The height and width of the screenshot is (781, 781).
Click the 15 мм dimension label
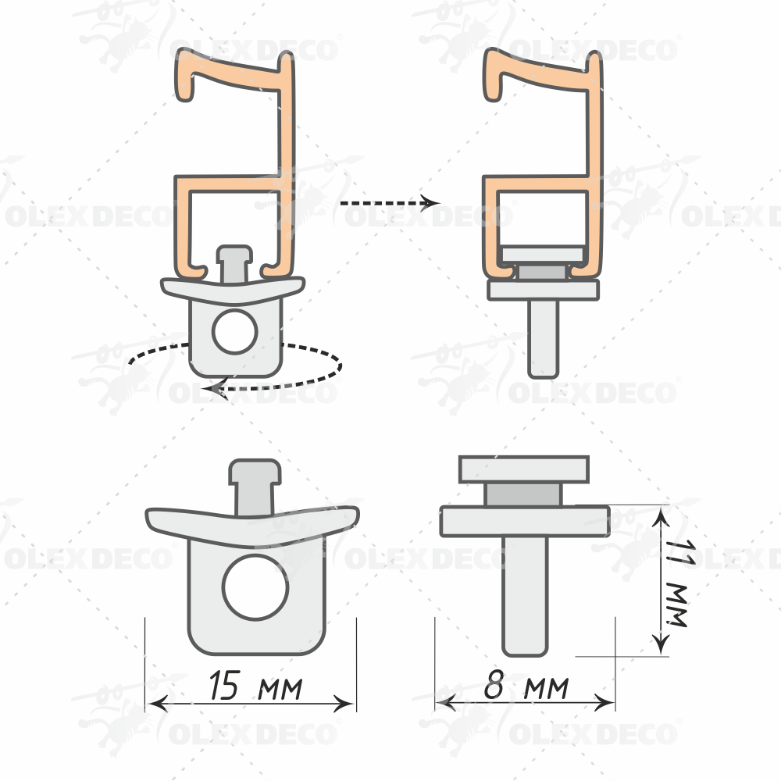click(x=255, y=686)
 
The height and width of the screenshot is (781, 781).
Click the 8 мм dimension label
click(x=526, y=686)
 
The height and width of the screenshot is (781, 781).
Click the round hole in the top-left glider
click(x=234, y=331)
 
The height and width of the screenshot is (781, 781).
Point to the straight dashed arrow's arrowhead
click(x=430, y=203)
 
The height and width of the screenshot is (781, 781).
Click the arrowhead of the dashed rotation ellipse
click(x=217, y=388)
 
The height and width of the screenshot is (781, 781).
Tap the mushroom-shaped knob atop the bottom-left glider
click(x=255, y=487)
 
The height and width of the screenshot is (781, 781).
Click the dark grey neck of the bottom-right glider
click(x=523, y=495)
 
